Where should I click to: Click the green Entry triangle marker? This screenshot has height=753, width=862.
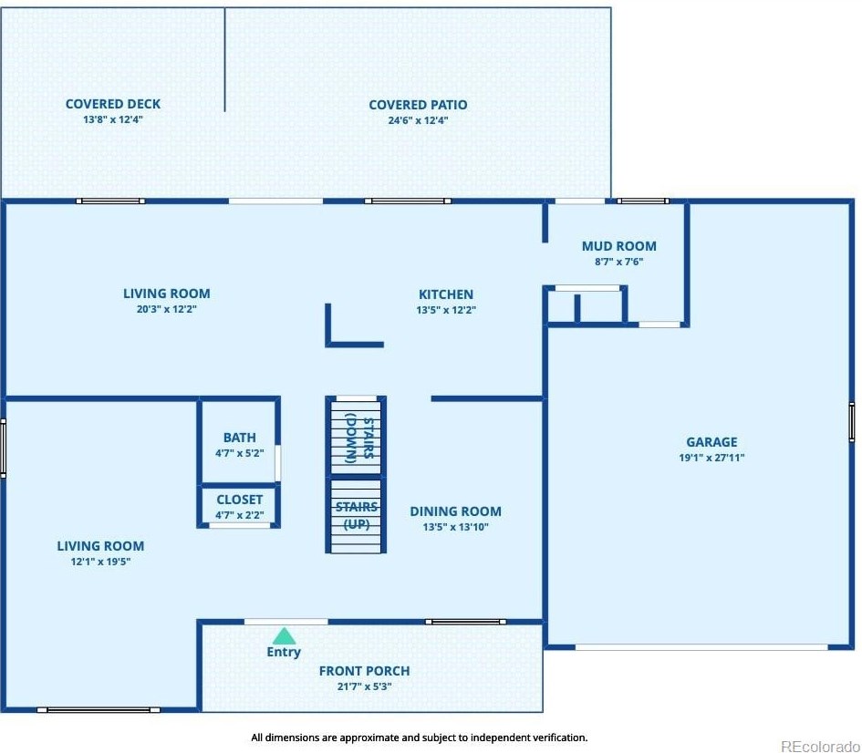285,636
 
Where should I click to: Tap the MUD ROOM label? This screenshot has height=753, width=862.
619,246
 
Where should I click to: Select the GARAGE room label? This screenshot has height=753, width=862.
711,442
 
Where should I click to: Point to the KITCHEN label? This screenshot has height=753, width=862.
446,294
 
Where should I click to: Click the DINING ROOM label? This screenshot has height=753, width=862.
456,511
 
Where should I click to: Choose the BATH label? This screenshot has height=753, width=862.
239,438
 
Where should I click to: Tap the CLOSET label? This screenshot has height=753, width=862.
239,500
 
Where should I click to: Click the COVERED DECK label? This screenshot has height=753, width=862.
113,104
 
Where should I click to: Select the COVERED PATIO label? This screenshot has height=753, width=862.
418,105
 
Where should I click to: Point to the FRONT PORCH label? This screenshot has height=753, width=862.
364,671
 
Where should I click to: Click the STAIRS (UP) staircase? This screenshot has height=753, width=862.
356,516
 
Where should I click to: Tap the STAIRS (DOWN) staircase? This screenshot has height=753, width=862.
356,437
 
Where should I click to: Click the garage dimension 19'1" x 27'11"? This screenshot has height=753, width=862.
711,458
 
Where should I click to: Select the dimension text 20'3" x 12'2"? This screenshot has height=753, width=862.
167,309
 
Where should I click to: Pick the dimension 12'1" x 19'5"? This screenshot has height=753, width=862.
100,562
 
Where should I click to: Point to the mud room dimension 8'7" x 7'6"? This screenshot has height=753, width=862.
619,262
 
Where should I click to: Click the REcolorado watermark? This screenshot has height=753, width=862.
820,746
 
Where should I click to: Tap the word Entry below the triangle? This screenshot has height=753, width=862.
284,652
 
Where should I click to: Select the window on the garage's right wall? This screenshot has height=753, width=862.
852,422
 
